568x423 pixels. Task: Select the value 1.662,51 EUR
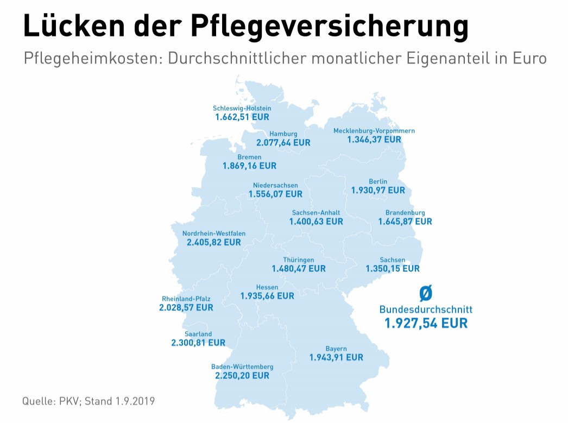click(x=242, y=117)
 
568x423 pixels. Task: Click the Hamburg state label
click(x=283, y=134)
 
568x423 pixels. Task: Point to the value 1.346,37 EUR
click(x=374, y=140)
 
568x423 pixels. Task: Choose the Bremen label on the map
click(x=249, y=157)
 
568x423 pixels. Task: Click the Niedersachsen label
click(x=275, y=185)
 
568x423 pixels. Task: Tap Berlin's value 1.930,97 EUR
click(x=378, y=190)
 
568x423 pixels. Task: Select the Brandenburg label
click(x=405, y=212)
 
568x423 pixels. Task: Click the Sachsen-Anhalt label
click(x=316, y=212)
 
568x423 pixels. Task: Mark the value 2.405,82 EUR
click(x=213, y=243)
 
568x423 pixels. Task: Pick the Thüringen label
click(x=299, y=260)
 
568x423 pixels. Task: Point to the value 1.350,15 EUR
click(x=393, y=268)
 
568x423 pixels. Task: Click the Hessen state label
click(x=267, y=287)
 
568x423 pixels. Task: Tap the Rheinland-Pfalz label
click(x=186, y=299)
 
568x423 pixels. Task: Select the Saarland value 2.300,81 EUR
click(x=198, y=343)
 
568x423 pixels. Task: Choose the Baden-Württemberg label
click(x=242, y=367)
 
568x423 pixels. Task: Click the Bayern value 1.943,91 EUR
click(x=336, y=357)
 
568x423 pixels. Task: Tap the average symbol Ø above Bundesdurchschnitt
click(x=426, y=294)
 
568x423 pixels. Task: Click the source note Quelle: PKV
click(x=52, y=401)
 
